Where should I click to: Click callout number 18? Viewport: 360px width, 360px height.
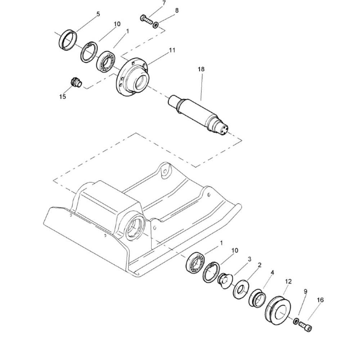point(201,69)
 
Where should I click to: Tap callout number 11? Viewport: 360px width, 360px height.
point(172,50)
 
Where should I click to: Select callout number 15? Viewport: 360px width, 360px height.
point(62,96)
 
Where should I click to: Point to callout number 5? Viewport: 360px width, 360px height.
point(98,14)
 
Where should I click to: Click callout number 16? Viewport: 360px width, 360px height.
point(320,300)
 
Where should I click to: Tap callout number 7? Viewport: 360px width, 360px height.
point(164,3)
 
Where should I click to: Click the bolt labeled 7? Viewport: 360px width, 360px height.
point(146,19)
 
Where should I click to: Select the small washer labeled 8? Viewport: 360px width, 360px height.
point(156,24)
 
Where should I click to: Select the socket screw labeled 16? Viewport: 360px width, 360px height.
point(305,326)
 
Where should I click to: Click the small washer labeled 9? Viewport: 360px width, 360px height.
point(296,321)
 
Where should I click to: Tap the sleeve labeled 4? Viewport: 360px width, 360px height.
point(257,298)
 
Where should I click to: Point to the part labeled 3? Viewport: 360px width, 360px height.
point(225,280)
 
